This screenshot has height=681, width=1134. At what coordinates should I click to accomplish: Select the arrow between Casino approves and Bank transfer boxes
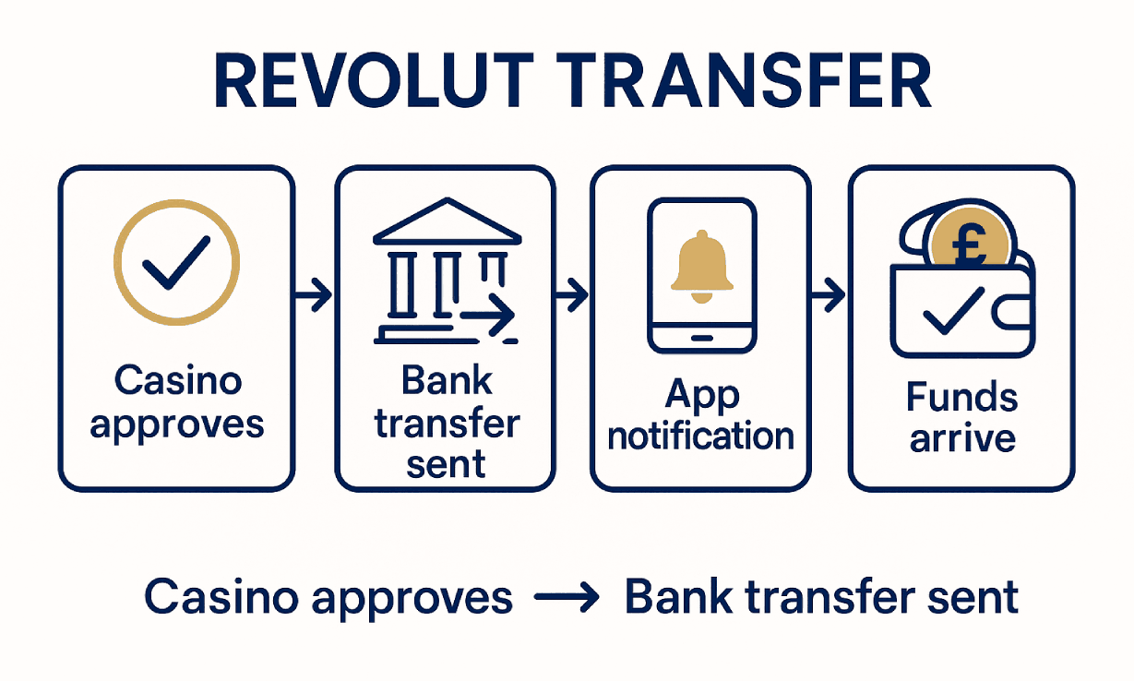pyautogui.click(x=314, y=296)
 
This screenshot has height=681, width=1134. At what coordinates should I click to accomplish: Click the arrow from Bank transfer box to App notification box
pyautogui.click(x=571, y=296)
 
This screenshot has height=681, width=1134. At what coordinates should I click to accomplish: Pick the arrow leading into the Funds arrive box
pyautogui.click(x=828, y=296)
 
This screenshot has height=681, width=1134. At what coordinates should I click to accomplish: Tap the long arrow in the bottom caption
pyautogui.click(x=568, y=599)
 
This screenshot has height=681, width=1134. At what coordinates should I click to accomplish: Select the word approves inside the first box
pyautogui.click(x=177, y=424)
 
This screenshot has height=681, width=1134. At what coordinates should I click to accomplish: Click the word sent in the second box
pyautogui.click(x=446, y=464)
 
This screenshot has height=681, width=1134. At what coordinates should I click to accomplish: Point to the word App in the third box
pyautogui.click(x=701, y=394)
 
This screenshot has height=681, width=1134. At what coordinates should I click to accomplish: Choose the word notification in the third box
pyautogui.click(x=701, y=435)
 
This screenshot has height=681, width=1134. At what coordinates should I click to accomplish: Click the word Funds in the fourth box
pyautogui.click(x=962, y=397)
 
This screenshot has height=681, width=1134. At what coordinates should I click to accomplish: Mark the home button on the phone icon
pyautogui.click(x=702, y=337)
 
